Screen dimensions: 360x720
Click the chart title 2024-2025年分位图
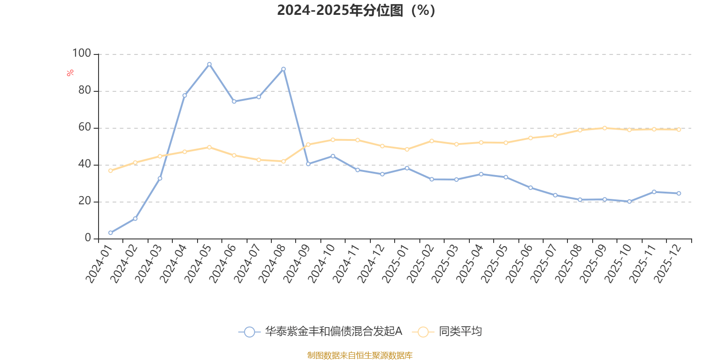(355, 10)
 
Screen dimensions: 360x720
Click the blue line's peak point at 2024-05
(209, 64)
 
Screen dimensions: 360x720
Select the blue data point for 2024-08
(283, 69)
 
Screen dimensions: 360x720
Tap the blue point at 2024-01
(110, 233)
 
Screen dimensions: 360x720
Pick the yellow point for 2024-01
(110, 171)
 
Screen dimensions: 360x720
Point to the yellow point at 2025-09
(604, 128)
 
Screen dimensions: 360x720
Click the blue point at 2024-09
(308, 164)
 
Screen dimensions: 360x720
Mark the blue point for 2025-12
(679, 193)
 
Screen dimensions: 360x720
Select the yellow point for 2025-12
(679, 129)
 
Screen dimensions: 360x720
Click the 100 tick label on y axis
(81, 54)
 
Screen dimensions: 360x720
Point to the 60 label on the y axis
(85, 127)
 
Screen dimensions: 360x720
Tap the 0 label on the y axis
(88, 238)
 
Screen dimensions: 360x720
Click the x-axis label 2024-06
(223, 264)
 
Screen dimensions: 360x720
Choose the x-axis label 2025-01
(396, 264)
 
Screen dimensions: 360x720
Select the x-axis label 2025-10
(618, 264)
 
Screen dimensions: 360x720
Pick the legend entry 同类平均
(460, 332)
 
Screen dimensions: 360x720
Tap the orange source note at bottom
(360, 355)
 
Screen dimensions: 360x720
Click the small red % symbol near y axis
(70, 73)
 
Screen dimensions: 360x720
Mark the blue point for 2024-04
(184, 95)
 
